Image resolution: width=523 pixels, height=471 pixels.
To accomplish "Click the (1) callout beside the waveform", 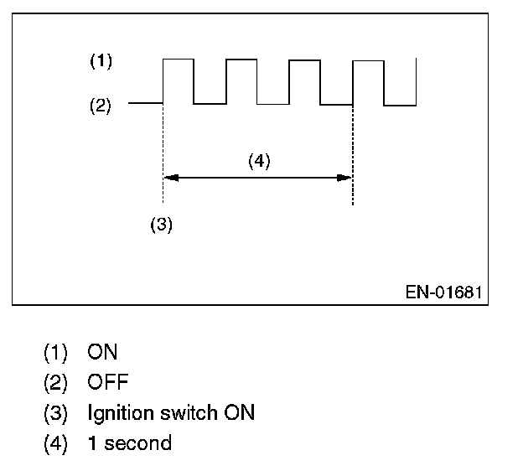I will point(101,61).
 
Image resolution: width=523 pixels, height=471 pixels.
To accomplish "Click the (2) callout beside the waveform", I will point(101,106).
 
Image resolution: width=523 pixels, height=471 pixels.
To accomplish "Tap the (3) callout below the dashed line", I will point(161,225).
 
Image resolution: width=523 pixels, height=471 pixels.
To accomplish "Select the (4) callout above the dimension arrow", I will point(259,162).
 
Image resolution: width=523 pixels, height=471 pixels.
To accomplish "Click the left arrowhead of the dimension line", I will point(168,177).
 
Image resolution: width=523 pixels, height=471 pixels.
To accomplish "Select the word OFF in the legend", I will point(108,382).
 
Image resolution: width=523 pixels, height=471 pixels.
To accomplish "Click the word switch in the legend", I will point(184,412).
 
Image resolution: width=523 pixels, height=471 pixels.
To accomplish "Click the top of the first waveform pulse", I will point(178,60).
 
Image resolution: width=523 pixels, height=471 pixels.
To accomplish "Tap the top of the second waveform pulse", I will point(241,60).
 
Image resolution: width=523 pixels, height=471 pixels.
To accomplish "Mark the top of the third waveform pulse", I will point(304,60).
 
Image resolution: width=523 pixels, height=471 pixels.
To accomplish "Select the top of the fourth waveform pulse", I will point(368,60).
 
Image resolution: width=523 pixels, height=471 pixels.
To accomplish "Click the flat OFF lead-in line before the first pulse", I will point(145,104).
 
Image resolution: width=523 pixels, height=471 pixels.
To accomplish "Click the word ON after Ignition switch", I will point(239,412).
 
